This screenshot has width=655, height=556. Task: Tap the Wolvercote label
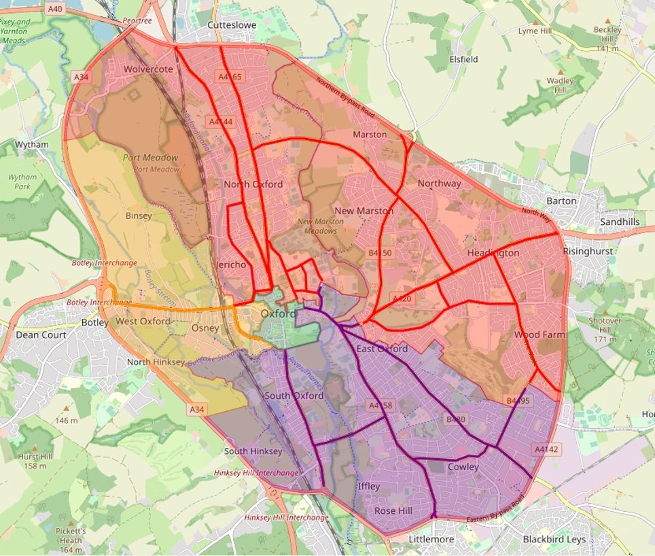(148, 69)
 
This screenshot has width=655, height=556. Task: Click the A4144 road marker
(222, 122)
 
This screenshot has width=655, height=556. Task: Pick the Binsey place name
(139, 215)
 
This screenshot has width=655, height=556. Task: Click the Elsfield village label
(463, 59)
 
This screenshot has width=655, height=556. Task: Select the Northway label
(439, 184)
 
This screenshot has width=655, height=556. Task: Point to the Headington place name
(493, 253)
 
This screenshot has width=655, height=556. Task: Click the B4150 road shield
(381, 253)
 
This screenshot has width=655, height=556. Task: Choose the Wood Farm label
(539, 335)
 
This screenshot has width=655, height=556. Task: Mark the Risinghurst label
(588, 251)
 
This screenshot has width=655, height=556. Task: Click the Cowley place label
(463, 467)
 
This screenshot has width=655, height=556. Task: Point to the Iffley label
(369, 487)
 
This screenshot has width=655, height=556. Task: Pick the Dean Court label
(41, 334)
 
